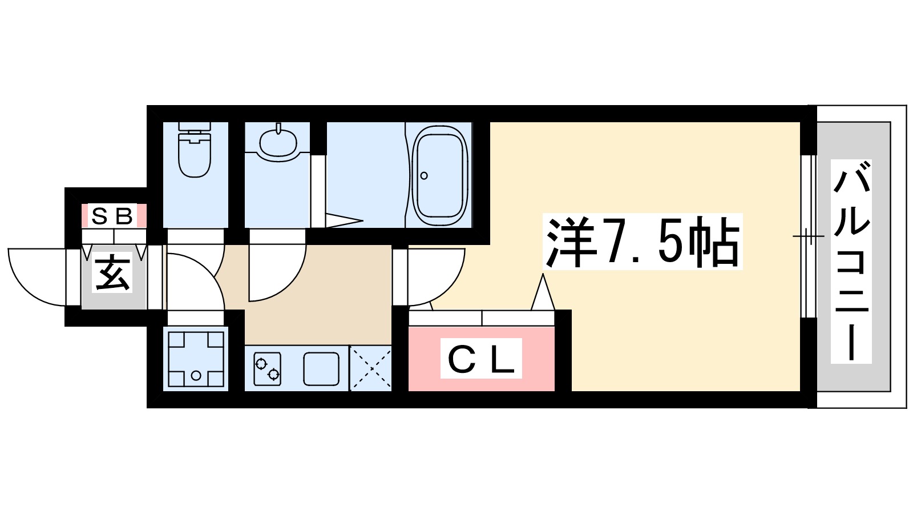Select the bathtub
coord(439,175)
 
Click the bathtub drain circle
coord(424,175)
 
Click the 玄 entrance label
coord(112,274)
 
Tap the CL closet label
coord(481,359)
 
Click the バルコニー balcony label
coord(851,261)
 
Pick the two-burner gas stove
coord(267,368)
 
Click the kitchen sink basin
coord(321,368)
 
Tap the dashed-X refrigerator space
coord(370,368)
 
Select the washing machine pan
coord(196,359)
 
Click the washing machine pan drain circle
coord(196,375)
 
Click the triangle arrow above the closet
coord(543,293)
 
